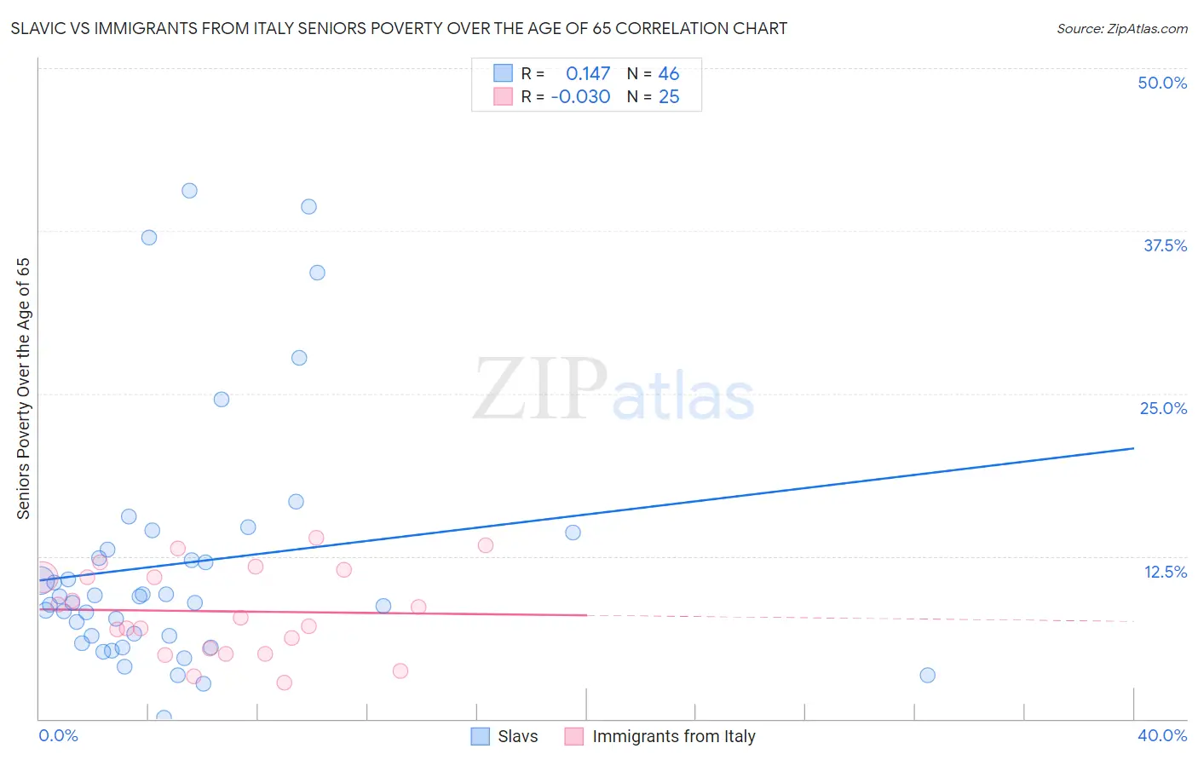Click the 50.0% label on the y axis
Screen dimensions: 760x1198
[x=1162, y=83]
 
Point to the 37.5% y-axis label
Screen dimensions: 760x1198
[x=1165, y=245]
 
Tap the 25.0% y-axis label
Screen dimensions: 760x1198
[x=1163, y=408]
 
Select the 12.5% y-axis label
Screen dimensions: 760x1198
[x=1165, y=572]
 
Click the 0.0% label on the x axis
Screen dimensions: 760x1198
[x=58, y=735]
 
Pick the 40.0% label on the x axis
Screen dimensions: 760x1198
[x=1161, y=735]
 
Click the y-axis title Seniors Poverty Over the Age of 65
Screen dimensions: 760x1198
[x=23, y=389]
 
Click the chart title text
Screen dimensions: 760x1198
[x=399, y=28]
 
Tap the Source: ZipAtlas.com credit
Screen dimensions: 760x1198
[x=1121, y=28]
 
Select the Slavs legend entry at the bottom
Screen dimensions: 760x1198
[x=504, y=736]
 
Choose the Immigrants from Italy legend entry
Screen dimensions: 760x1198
[x=659, y=736]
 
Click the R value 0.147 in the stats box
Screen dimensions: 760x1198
[x=588, y=74]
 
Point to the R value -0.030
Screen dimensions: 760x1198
[x=580, y=97]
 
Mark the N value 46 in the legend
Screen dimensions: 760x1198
[x=669, y=74]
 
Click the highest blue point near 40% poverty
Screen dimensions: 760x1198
[x=189, y=191]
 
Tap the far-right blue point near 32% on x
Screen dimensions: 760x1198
[x=927, y=675]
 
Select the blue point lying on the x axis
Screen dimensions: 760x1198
[x=164, y=717]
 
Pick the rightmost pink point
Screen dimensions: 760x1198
[x=486, y=545]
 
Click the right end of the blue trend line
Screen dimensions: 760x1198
[x=1133, y=448]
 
